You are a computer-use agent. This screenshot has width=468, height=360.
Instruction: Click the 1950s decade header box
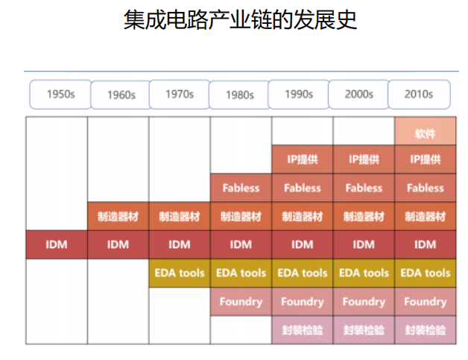click(x=60, y=95)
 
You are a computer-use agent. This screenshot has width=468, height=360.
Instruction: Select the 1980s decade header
click(x=240, y=95)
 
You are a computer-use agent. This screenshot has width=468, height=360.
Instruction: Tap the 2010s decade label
click(x=419, y=95)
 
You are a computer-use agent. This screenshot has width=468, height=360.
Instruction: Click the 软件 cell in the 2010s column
click(x=426, y=131)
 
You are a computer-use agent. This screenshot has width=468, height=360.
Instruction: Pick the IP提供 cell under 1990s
click(x=303, y=160)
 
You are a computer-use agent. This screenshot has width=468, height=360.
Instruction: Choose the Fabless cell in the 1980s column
click(x=241, y=188)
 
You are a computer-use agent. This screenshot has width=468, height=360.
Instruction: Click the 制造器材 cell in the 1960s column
click(x=118, y=216)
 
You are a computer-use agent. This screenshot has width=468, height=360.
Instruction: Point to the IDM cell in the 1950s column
click(x=57, y=244)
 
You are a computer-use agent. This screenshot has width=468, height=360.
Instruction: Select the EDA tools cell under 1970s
click(x=180, y=273)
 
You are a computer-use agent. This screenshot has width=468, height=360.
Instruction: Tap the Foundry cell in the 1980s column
click(x=241, y=302)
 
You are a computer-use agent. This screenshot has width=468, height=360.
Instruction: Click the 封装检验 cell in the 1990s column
click(x=303, y=330)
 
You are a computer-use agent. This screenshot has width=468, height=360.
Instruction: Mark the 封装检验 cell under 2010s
click(x=426, y=330)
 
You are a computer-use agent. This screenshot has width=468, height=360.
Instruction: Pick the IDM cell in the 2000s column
click(x=364, y=244)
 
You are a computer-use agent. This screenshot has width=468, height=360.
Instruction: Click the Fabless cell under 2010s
click(x=426, y=188)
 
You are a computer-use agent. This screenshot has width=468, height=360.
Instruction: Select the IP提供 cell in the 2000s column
click(x=364, y=160)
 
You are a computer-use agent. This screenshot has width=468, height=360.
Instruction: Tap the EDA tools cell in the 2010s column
click(x=426, y=273)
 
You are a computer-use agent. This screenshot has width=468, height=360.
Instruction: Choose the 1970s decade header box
click(x=180, y=95)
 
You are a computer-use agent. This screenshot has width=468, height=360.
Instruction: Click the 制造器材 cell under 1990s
click(x=303, y=216)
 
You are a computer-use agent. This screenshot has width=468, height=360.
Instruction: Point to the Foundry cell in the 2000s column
click(x=364, y=302)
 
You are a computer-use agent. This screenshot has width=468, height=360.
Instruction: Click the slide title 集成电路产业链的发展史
click(x=240, y=19)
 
